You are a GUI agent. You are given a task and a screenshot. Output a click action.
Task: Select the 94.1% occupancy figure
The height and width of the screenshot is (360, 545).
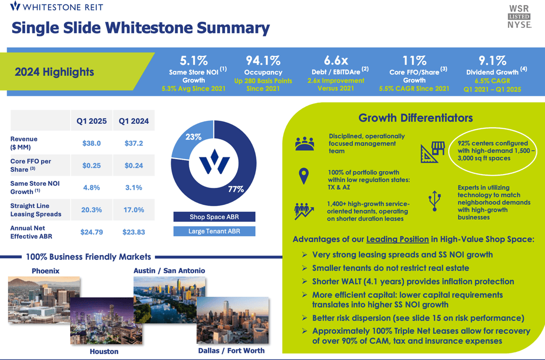[x=262, y=61]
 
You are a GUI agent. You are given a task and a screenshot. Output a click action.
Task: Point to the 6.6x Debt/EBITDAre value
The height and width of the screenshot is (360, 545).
[x=336, y=61]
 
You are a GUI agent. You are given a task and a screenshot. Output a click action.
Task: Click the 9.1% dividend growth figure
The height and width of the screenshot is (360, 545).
[x=493, y=61]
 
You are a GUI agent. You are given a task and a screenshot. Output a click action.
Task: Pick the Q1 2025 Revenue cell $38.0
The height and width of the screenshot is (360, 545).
[x=91, y=143]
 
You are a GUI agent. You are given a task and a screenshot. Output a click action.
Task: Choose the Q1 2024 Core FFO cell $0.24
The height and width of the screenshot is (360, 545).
[x=134, y=165]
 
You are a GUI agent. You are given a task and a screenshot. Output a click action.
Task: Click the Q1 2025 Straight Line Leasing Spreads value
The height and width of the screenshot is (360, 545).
[x=91, y=210]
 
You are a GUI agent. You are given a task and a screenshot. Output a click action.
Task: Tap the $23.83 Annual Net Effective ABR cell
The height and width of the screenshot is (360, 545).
[x=134, y=232]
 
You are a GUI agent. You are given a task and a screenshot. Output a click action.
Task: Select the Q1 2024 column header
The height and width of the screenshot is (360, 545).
[x=134, y=121]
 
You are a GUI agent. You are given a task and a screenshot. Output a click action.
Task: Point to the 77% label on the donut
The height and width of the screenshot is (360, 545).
[x=236, y=189]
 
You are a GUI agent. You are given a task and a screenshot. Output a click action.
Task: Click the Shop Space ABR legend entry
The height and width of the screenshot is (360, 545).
[x=214, y=217]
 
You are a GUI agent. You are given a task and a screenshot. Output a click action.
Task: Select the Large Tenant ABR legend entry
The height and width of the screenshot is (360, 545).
[x=214, y=231]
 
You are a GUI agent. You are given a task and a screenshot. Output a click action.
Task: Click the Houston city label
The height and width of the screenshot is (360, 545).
[x=104, y=351]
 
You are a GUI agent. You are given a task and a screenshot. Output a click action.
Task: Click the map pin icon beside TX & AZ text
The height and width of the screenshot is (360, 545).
[x=303, y=176]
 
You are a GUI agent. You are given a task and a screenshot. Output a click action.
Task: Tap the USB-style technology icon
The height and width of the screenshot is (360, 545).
[x=433, y=200]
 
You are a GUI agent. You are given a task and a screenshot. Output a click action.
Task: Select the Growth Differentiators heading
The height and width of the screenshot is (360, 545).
[x=415, y=118]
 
